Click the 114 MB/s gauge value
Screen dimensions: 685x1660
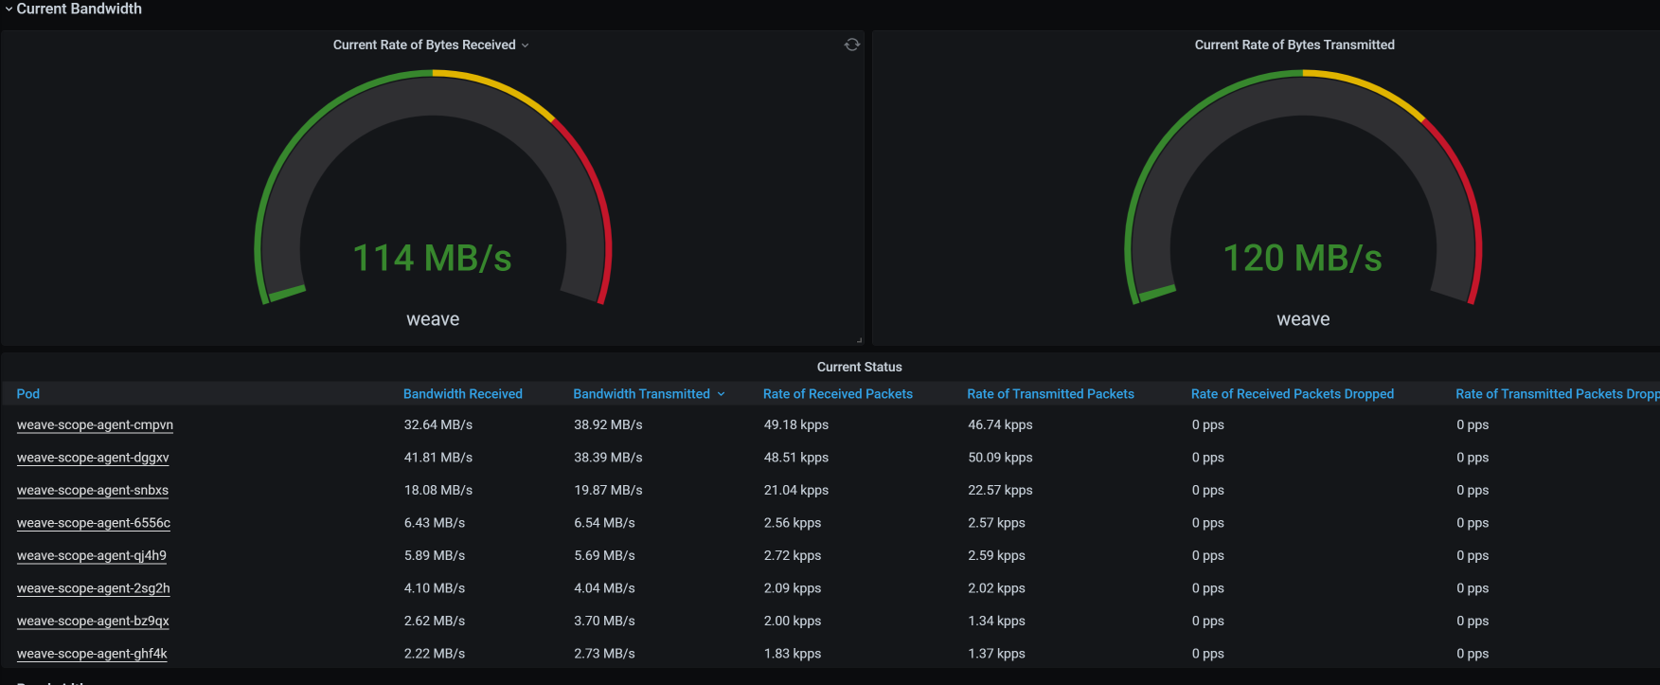tap(432, 258)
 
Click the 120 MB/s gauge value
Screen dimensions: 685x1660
tap(1302, 258)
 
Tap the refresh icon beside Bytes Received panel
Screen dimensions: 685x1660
tap(852, 45)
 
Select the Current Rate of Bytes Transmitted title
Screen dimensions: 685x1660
tap(1294, 45)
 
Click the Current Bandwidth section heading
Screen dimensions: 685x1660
tap(79, 9)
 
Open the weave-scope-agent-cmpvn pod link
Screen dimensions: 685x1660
tap(95, 425)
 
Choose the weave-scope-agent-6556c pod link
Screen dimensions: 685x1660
tap(94, 523)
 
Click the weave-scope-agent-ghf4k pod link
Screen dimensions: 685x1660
tap(92, 654)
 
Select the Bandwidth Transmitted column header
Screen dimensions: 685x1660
tap(641, 394)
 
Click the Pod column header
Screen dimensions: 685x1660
tap(28, 394)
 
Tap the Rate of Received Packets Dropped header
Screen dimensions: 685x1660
tap(1292, 394)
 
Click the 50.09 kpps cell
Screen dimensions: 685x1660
tap(1000, 458)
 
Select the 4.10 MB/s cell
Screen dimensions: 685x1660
tap(434, 588)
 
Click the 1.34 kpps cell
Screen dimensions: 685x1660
tap(996, 622)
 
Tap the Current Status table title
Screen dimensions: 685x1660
tap(859, 367)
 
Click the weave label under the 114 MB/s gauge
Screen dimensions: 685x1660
tap(433, 319)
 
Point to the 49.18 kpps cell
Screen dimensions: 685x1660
tap(796, 425)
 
